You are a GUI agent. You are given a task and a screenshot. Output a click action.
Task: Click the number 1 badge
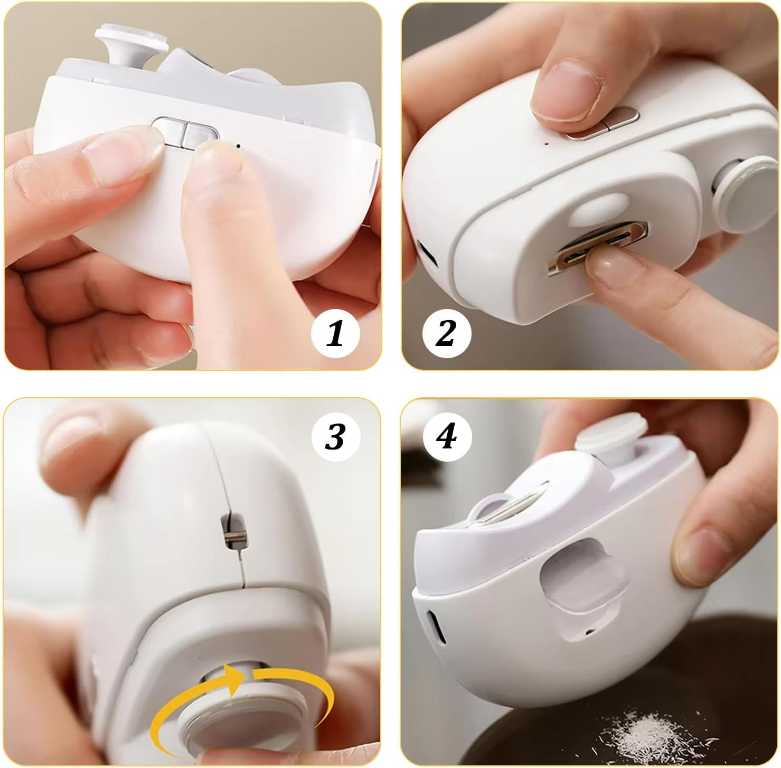(335, 334)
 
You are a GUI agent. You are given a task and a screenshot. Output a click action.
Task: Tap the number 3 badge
(335, 436)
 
